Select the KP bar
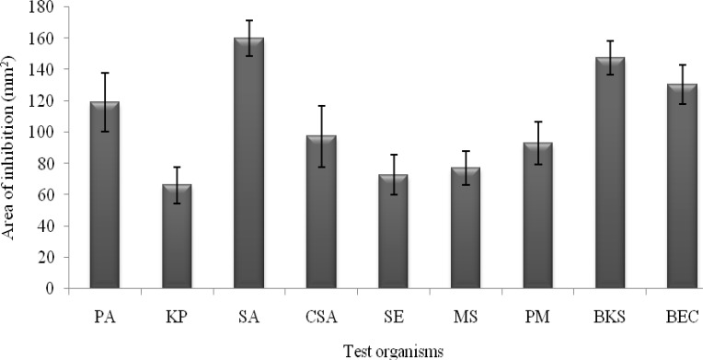[177, 237]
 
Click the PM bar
[538, 215]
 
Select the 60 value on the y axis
[47, 195]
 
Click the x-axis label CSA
[321, 318]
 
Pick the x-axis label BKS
[610, 318]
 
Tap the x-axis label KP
[177, 318]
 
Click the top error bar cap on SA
[249, 20]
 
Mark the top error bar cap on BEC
[683, 65]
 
